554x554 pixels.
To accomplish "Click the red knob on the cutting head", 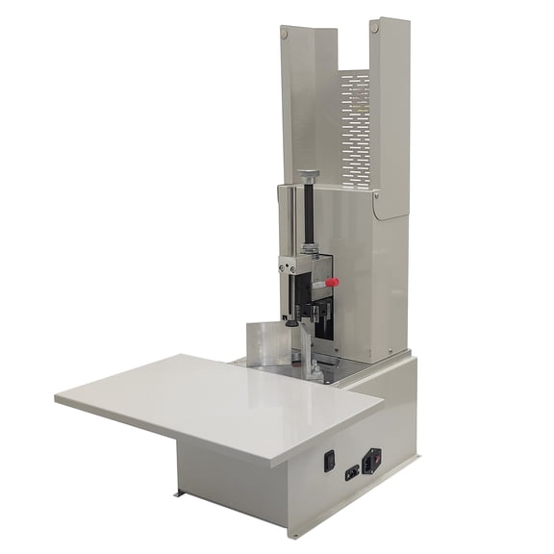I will [x=332, y=283].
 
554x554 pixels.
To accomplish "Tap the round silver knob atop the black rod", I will [x=308, y=175].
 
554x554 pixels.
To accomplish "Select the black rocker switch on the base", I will [x=329, y=461].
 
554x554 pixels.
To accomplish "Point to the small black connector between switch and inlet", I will [x=351, y=471].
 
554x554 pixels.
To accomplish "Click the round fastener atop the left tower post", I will [x=285, y=34].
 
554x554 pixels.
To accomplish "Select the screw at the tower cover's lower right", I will [x=390, y=350].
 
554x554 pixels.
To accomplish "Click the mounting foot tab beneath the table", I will [x=179, y=494].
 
